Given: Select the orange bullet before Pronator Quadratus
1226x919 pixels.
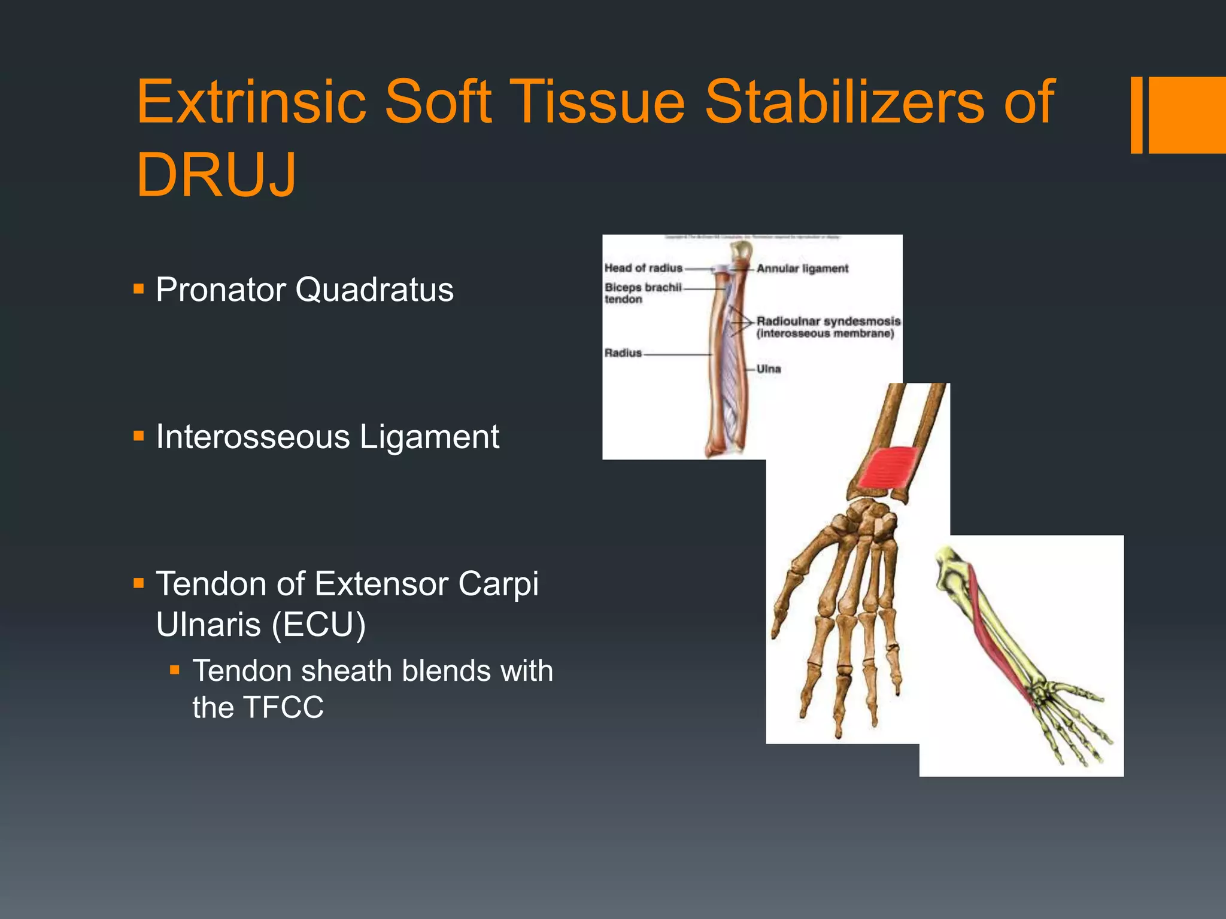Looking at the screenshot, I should point(139,290).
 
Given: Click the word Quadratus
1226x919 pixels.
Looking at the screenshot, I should point(374,290).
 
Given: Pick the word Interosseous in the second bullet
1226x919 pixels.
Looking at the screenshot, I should point(253,437).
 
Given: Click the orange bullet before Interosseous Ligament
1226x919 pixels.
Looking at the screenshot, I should point(139,436).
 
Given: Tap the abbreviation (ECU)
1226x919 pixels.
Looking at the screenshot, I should point(318,625).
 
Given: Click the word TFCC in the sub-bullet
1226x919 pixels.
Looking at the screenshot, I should point(284,707).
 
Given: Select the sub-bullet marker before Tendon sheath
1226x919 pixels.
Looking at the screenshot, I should point(175,670).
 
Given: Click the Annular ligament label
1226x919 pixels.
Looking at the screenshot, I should point(802,269).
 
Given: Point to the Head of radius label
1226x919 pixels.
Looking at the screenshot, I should point(643,268).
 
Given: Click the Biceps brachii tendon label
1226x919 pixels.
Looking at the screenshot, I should point(642,293).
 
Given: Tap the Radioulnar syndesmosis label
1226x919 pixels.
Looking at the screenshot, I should point(828,322).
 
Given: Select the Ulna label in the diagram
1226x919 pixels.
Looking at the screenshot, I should point(769,369).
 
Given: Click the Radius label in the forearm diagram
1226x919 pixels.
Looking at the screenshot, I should point(623,353).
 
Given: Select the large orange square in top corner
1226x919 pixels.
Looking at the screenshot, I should point(1187,115).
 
